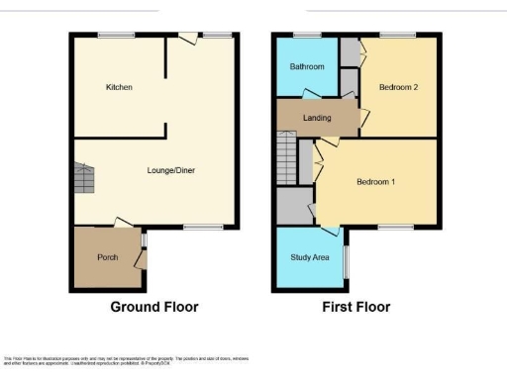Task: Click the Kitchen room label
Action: (x=119, y=87)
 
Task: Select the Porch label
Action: (x=107, y=257)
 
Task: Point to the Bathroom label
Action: (x=306, y=66)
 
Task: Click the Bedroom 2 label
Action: (x=398, y=87)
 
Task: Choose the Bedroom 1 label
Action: (x=376, y=182)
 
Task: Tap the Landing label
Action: (x=317, y=118)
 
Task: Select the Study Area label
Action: (x=310, y=257)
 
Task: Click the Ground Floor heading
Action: (x=153, y=307)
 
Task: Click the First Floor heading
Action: (x=355, y=307)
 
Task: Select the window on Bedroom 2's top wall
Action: (x=398, y=35)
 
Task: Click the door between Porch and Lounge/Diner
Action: (x=123, y=224)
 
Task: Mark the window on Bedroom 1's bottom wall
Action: (x=395, y=227)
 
